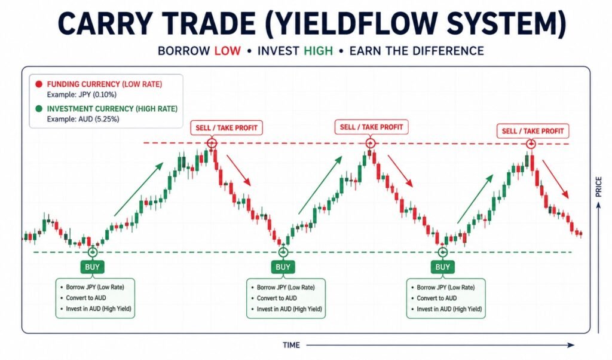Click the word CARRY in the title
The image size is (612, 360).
tap(105, 24)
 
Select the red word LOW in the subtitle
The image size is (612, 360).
tap(228, 51)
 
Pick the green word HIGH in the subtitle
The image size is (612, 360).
tap(318, 51)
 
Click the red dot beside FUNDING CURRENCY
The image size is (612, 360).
tap(39, 84)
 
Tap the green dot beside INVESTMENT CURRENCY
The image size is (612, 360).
tap(39, 109)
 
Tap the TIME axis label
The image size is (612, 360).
tap(291, 345)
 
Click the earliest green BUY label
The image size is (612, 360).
tap(92, 267)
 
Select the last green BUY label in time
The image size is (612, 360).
tap(443, 267)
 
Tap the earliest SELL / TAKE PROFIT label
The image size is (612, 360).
tap(227, 128)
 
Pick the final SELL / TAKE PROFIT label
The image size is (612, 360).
tap(533, 131)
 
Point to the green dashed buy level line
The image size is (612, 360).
tap(302, 252)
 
